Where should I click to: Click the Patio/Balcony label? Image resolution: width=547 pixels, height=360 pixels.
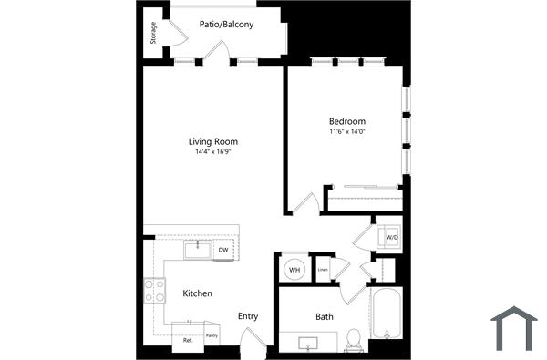[x=226, y=24]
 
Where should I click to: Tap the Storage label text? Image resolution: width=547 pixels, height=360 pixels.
[x=154, y=33]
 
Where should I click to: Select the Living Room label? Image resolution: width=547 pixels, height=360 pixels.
[x=213, y=141]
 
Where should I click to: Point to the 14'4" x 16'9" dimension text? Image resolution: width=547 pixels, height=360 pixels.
[x=213, y=152]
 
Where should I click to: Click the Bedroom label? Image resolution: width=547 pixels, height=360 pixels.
[x=347, y=121]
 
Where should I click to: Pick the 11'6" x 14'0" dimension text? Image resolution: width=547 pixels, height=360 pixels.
[x=347, y=132]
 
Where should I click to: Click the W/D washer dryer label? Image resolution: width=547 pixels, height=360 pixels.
[x=392, y=237]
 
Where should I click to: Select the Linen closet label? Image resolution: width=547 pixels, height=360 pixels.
[x=323, y=270]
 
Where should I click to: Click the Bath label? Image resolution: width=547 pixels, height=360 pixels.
[x=325, y=317]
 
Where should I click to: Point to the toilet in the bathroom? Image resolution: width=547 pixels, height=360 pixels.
[x=354, y=340]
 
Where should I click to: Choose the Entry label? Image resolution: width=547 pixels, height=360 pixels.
[x=248, y=316]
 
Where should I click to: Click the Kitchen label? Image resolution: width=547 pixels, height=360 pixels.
[x=198, y=293]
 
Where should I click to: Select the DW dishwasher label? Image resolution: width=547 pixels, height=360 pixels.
[x=223, y=249]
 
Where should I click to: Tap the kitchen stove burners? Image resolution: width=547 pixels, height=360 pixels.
[x=155, y=291]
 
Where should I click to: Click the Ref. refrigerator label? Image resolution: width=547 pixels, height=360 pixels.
[x=188, y=340]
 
